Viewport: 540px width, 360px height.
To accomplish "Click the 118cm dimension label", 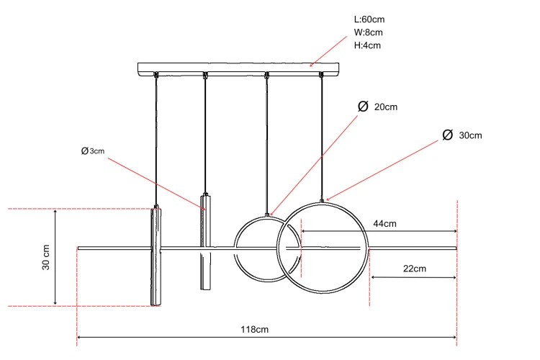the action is [x=254, y=329].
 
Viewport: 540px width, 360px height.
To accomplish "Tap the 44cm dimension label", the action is [x=384, y=224].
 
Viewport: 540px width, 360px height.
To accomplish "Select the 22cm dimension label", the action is [x=415, y=269].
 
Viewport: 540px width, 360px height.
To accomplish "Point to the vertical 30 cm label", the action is [x=46, y=257].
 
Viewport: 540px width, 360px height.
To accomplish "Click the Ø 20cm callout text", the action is [x=378, y=107].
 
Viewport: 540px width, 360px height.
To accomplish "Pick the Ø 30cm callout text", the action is [x=462, y=135].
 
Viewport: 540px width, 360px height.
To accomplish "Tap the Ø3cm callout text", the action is [x=93, y=151].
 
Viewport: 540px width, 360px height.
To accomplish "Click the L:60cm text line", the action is [x=369, y=19].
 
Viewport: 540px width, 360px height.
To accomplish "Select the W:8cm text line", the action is [x=368, y=32].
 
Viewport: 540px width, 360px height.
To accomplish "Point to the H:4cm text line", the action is [x=367, y=45].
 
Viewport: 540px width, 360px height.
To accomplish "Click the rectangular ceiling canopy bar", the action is [x=238, y=69].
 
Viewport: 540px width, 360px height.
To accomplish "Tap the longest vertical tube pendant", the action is [x=156, y=256].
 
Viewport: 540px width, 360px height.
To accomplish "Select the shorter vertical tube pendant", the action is [x=206, y=242].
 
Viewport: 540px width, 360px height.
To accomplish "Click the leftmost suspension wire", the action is [x=156, y=141].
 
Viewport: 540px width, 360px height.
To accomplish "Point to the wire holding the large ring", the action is [x=322, y=138].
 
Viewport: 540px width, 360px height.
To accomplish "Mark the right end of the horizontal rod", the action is [x=456, y=248].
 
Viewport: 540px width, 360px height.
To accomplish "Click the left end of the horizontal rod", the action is [x=78, y=248].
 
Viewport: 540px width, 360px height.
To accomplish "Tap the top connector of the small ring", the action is [x=267, y=215].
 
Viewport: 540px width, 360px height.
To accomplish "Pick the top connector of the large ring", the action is [x=322, y=201].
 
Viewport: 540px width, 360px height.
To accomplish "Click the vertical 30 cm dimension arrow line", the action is [x=55, y=257].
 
